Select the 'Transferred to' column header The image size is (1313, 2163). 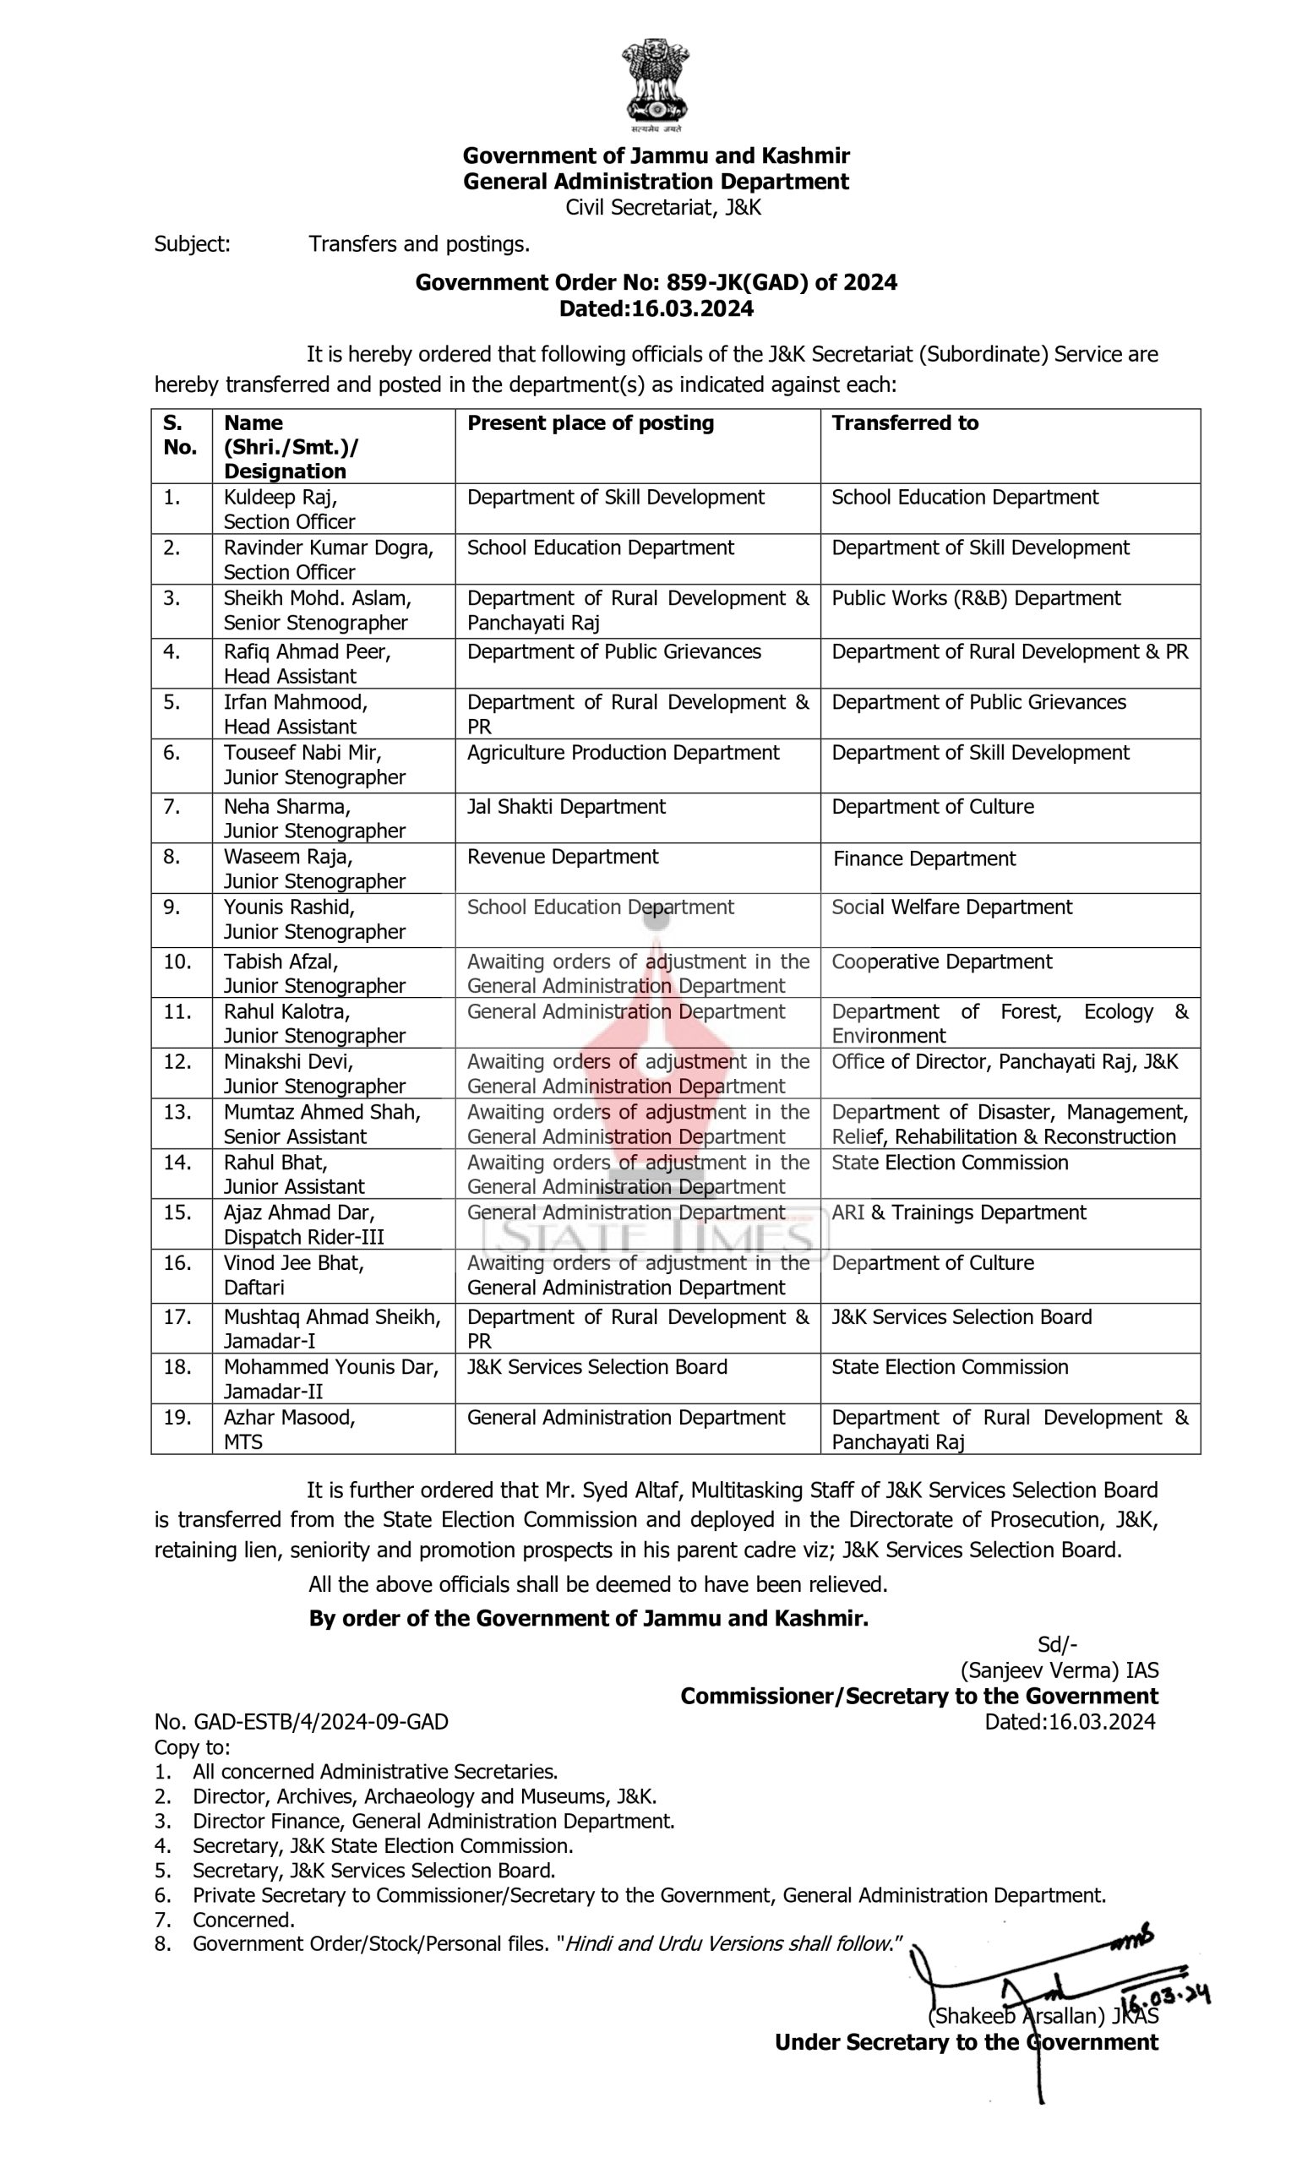click(x=904, y=423)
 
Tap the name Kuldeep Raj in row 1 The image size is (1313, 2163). click(x=279, y=498)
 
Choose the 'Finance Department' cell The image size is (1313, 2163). click(x=923, y=858)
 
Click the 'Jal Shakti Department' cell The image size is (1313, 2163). click(x=565, y=807)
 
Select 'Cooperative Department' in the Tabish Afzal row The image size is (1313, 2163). click(x=941, y=962)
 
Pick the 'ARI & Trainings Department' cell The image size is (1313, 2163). click(x=958, y=1212)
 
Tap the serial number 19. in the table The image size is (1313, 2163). click(x=177, y=1418)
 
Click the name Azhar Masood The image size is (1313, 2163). click(x=289, y=1418)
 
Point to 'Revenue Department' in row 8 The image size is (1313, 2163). click(x=562, y=857)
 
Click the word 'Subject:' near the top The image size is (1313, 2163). click(x=192, y=244)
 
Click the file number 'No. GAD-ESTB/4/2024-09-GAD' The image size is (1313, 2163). click(x=301, y=1722)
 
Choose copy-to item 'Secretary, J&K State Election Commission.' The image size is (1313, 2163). click(x=383, y=1846)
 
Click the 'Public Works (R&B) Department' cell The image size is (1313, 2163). click(x=975, y=599)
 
